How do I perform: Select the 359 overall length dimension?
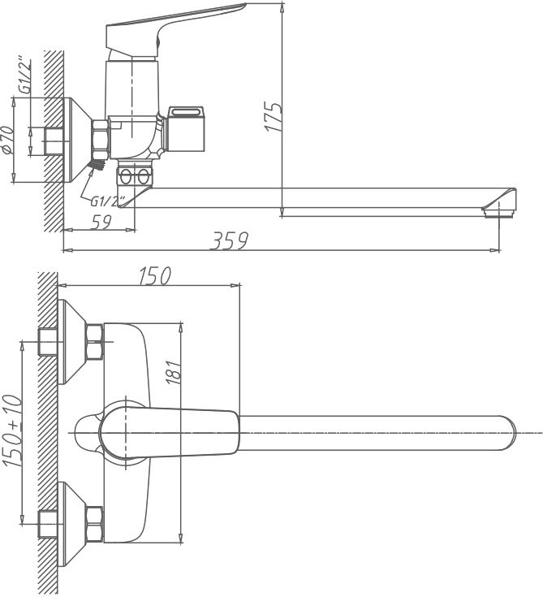click(x=230, y=241)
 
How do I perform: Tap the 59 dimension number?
click(x=101, y=223)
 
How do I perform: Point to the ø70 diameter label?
click(x=9, y=140)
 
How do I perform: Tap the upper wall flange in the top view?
click(x=71, y=342)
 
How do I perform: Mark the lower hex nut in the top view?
click(x=95, y=524)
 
